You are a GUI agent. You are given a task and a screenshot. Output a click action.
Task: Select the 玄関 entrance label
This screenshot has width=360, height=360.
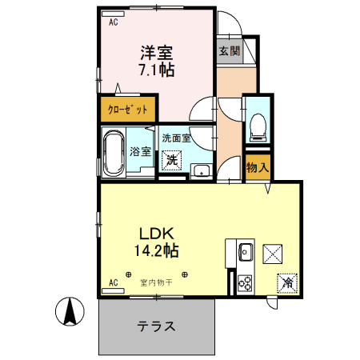(x=229, y=50)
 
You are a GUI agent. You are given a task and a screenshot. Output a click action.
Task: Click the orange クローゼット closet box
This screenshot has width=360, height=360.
(x=128, y=109)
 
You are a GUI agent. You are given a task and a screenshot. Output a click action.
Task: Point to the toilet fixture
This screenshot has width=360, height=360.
(x=258, y=123)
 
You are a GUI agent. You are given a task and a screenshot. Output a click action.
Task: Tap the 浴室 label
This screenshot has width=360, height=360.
(x=141, y=150)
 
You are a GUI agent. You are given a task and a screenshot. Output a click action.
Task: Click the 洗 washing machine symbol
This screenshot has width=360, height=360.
(x=173, y=159)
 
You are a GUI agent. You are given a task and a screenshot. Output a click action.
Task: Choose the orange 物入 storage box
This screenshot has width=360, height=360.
(x=257, y=168)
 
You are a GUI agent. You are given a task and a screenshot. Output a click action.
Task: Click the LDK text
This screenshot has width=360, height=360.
(x=156, y=234)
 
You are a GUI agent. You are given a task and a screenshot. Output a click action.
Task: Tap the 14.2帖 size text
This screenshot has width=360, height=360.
(x=156, y=250)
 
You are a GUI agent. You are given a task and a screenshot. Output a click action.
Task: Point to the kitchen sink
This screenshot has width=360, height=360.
(x=244, y=255)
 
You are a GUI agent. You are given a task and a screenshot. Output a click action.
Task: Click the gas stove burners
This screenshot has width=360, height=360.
(x=245, y=282)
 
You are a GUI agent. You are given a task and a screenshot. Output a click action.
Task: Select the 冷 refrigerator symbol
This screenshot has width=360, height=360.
(x=286, y=282)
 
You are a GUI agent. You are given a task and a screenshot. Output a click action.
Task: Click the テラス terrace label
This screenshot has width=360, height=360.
(x=156, y=327)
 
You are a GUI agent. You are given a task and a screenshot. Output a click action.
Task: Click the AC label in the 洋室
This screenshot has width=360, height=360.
(x=113, y=22)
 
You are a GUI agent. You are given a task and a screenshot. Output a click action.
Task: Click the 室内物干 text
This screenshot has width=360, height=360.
(x=156, y=282)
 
